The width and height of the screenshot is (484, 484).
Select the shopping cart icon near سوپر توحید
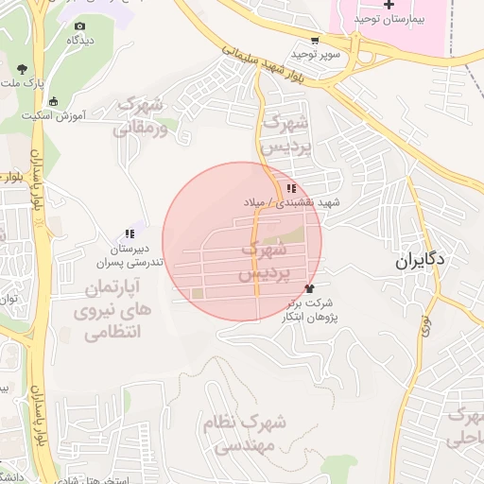coord(314,41)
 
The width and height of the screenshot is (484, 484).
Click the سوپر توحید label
coord(320,55)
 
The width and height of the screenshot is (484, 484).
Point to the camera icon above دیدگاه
coord(79,26)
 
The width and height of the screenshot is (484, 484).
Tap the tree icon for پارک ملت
coord(22,68)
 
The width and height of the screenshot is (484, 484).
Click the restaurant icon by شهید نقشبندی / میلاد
coord(292,188)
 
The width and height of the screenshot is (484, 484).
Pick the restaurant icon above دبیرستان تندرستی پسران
coord(130,233)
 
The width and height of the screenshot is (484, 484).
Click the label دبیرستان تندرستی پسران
coord(134,254)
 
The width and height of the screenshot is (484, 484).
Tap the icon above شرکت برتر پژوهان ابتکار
coord(308,287)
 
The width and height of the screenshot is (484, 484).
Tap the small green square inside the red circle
coord(198,294)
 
